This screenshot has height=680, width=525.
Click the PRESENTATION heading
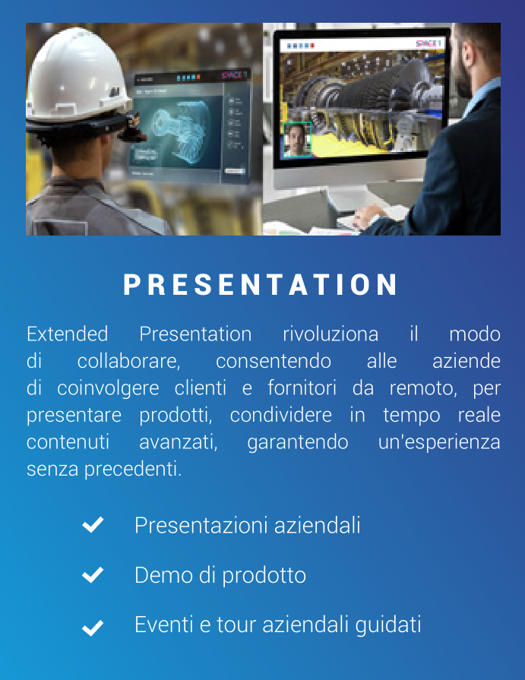(x=260, y=284)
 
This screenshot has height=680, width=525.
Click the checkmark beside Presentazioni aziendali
(x=93, y=524)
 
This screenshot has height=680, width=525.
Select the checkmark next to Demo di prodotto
(x=93, y=574)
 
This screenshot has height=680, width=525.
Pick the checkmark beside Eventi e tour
(x=93, y=628)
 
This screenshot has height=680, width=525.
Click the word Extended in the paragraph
(x=67, y=334)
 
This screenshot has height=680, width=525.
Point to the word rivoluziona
(x=330, y=334)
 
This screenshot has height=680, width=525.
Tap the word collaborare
(x=128, y=361)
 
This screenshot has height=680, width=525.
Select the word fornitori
(x=302, y=387)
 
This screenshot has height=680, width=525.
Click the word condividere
(x=281, y=415)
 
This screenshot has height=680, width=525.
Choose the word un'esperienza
(x=439, y=442)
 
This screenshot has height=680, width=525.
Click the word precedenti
(x=133, y=470)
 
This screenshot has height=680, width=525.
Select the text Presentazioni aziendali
(x=247, y=525)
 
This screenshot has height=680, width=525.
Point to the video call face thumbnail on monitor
(x=297, y=139)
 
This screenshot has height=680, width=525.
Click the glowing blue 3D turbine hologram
(x=179, y=131)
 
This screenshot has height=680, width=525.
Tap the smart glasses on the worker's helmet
(x=132, y=127)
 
